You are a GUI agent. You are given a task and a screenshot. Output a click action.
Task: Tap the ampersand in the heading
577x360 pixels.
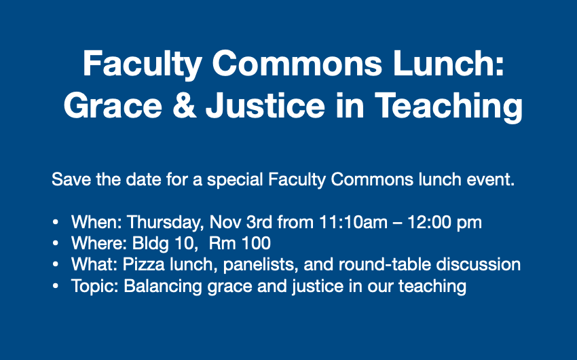pyautogui.click(x=185, y=105)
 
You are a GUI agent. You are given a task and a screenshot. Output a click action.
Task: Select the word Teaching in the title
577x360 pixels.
pyautogui.click(x=449, y=106)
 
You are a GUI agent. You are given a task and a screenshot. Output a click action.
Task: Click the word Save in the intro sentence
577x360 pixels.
pyautogui.click(x=71, y=179)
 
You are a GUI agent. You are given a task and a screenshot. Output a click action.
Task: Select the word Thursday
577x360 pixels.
pyautogui.click(x=166, y=222)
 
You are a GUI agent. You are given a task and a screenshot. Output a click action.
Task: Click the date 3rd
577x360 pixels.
pyautogui.click(x=259, y=222)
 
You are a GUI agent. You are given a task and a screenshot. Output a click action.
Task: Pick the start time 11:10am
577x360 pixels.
pyautogui.click(x=353, y=222)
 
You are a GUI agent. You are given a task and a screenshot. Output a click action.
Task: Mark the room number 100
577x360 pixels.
pyautogui.click(x=256, y=243)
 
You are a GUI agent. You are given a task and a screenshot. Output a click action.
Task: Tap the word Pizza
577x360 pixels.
pyautogui.click(x=143, y=264)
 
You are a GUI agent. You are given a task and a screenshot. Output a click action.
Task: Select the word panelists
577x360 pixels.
pyautogui.click(x=261, y=265)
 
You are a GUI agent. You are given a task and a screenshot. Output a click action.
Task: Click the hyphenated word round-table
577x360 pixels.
pyautogui.click(x=384, y=264)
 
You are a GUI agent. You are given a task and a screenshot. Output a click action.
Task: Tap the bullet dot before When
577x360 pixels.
pyautogui.click(x=56, y=222)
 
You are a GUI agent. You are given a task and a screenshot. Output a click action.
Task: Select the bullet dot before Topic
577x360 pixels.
pyautogui.click(x=56, y=286)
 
